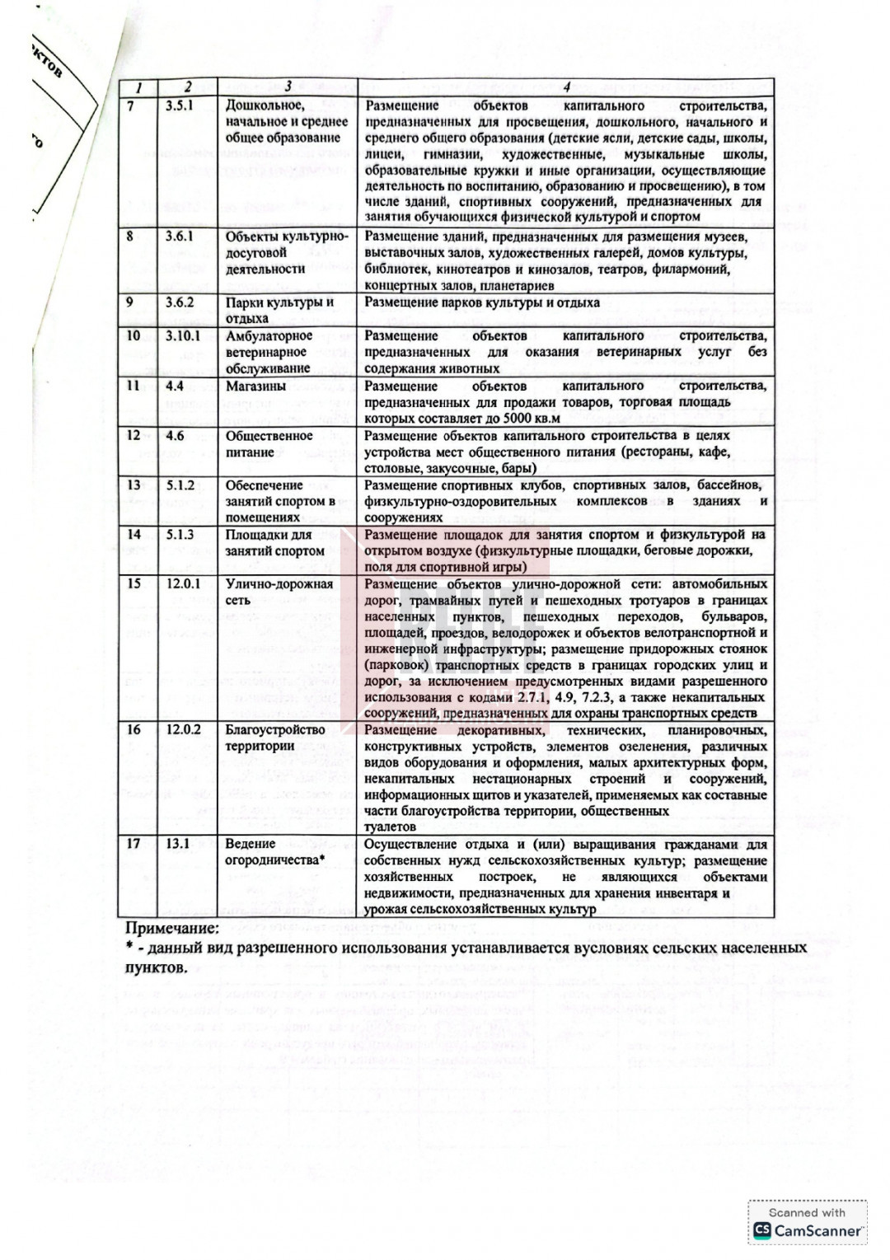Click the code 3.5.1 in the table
point(179,105)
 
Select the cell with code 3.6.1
point(179,237)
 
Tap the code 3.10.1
point(182,336)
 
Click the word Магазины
point(256,386)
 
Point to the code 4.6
point(175,436)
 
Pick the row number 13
point(133,485)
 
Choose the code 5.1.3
point(179,535)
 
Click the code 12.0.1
point(182,584)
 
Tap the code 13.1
point(177,844)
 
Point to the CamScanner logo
point(808,1230)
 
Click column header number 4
point(566,87)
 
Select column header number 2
point(187,87)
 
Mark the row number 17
point(133,844)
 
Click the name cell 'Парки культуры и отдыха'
point(279,310)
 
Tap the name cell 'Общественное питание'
point(269,444)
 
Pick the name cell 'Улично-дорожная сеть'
point(279,592)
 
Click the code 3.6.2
point(179,302)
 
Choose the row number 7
point(130,105)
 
